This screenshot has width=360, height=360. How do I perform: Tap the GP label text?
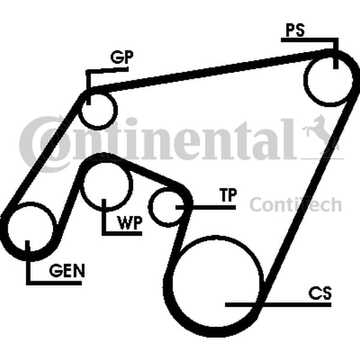pos(121,57)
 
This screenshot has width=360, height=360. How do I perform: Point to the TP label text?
pos(227,196)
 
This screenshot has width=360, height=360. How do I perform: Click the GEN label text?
pos(67,271)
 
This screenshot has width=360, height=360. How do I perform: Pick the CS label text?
pos(320,293)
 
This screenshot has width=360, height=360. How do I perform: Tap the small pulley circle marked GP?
pos(98,107)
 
